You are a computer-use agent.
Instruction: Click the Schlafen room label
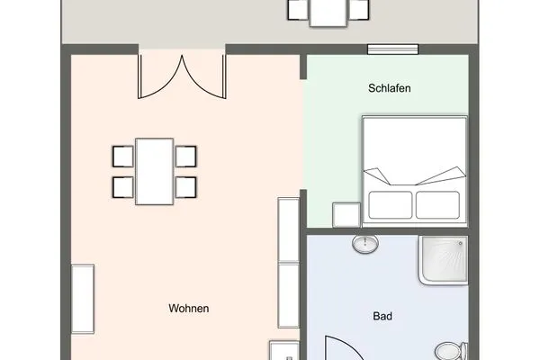tap(389, 89)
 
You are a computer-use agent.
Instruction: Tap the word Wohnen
tap(189, 309)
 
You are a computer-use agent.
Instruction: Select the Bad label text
tap(382, 317)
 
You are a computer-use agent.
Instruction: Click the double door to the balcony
tap(181, 76)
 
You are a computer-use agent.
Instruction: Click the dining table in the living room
tap(155, 171)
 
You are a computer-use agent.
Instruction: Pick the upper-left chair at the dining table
tap(122, 156)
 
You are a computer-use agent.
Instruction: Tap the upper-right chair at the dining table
tap(186, 156)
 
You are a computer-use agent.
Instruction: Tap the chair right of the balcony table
tap(358, 10)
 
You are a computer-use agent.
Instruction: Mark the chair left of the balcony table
tap(295, 10)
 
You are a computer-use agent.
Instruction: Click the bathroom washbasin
tap(364, 243)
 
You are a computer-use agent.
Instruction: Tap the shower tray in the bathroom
tap(443, 260)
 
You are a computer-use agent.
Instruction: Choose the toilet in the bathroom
tap(448, 349)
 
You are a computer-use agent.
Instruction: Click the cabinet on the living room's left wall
tap(83, 298)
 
